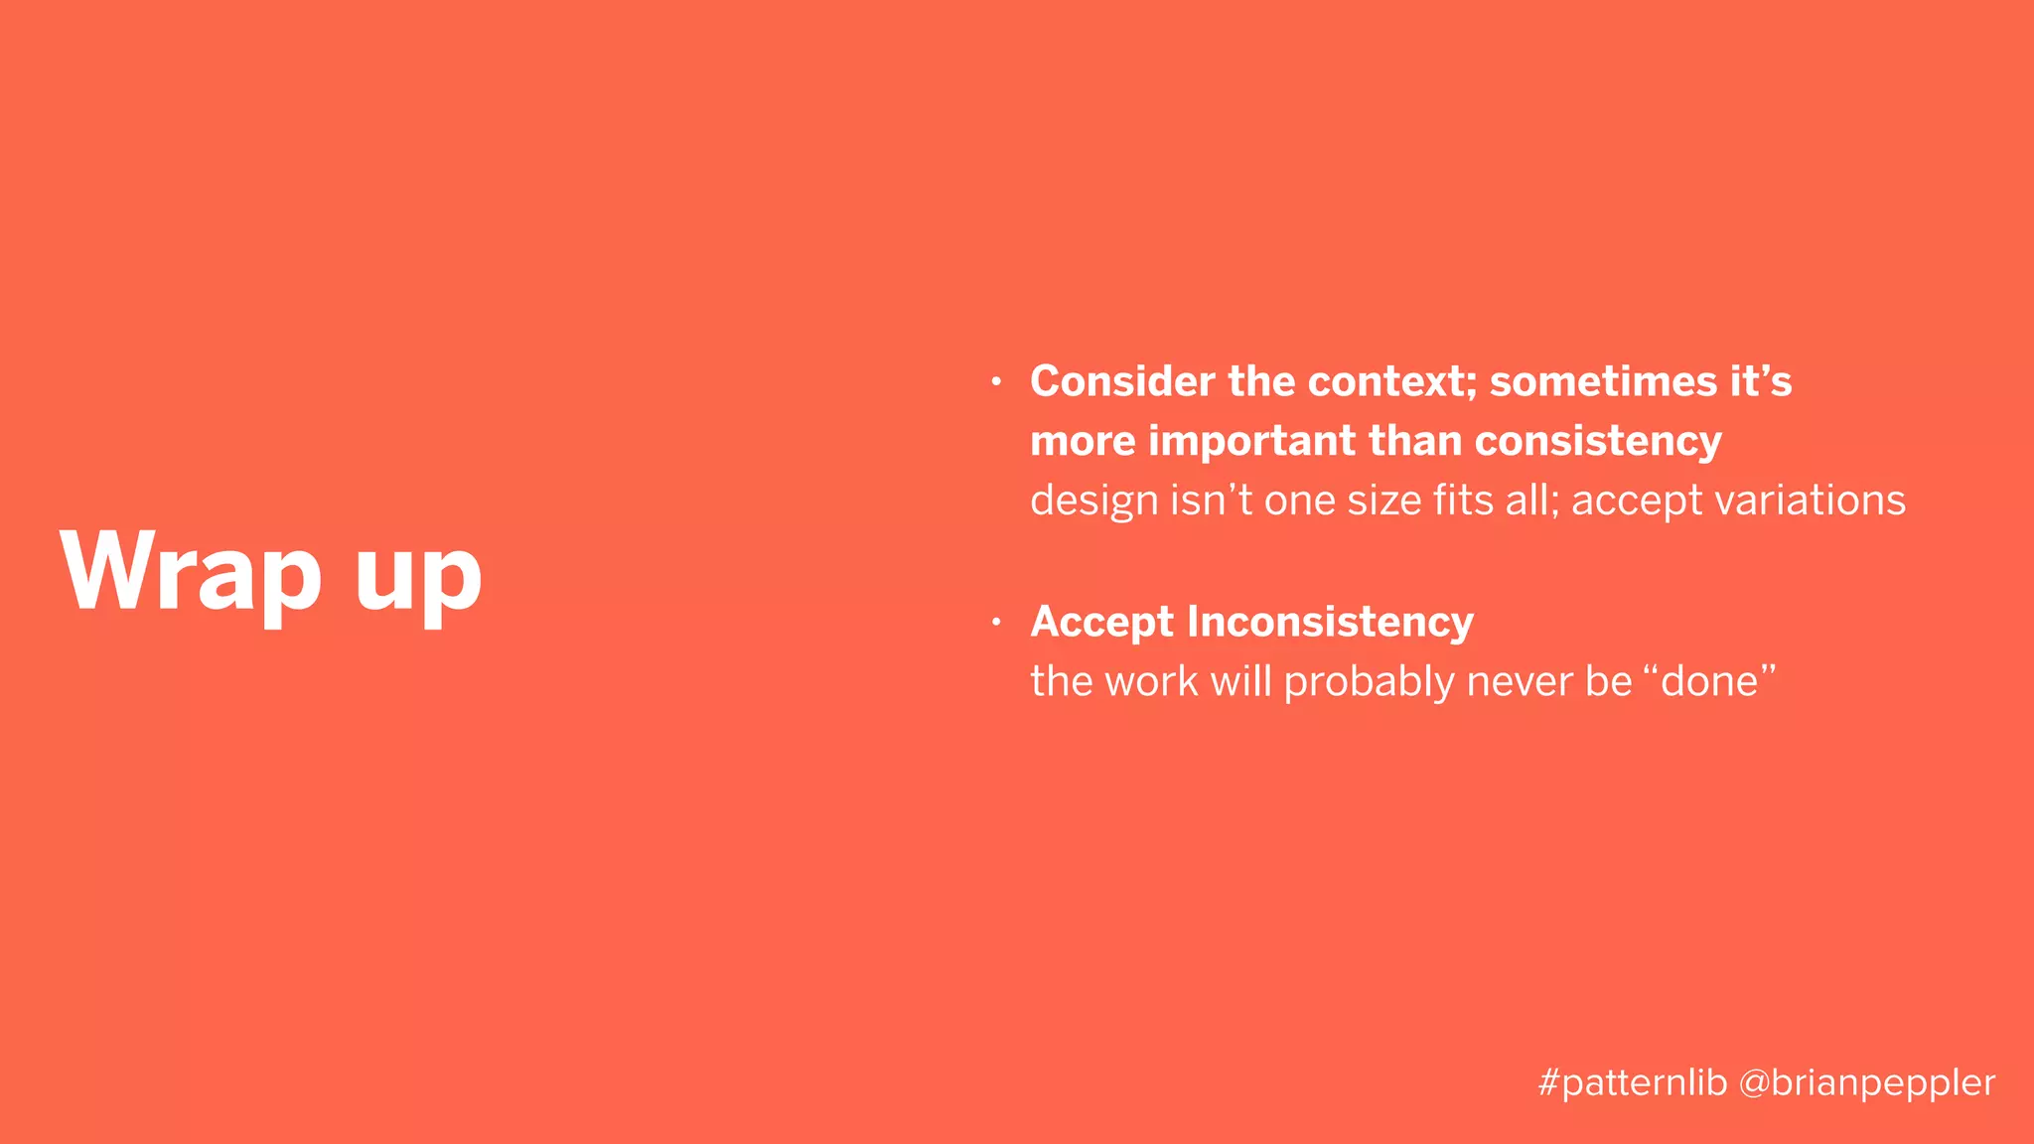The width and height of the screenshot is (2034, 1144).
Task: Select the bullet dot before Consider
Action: pos(996,381)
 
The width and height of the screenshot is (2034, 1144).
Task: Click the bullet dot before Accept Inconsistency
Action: pos(996,623)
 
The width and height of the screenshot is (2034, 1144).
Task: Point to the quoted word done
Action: pos(1709,682)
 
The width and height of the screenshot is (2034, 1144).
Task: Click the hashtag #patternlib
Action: pos(1633,1082)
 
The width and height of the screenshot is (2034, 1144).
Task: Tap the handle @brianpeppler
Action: pos(1867,1082)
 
